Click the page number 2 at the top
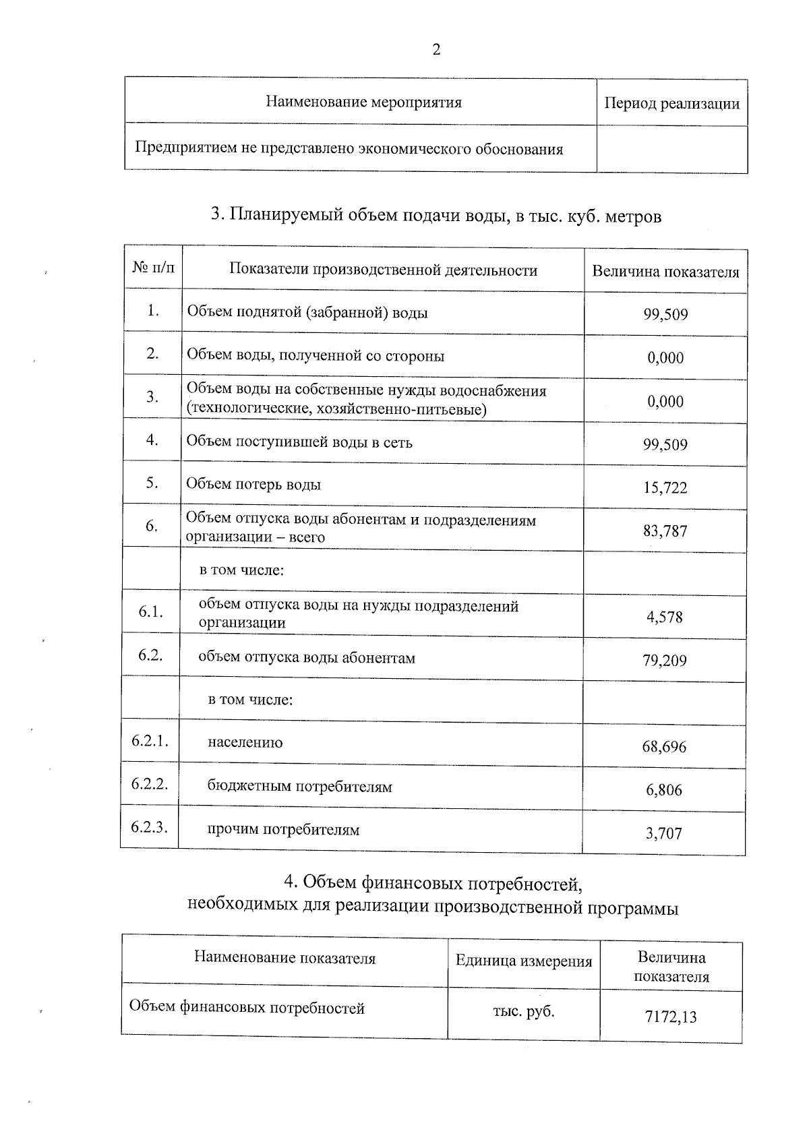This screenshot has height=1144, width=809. click(436, 51)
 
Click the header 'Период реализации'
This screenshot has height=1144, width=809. click(671, 104)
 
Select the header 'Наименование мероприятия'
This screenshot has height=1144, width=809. click(363, 102)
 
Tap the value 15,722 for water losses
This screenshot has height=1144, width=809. click(665, 488)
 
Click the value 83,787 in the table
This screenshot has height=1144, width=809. click(665, 531)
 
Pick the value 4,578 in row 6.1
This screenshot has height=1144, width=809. click(665, 617)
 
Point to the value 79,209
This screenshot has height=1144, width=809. click(665, 661)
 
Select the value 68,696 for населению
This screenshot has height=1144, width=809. click(664, 747)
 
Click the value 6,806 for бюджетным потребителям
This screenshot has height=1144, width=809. click(664, 790)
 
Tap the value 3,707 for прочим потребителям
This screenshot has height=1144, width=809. click(664, 834)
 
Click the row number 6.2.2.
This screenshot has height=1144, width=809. click(150, 785)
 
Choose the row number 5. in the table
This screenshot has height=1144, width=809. click(152, 483)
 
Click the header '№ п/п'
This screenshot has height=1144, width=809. click(153, 268)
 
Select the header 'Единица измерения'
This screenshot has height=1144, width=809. click(524, 961)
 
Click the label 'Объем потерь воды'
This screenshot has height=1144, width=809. click(253, 485)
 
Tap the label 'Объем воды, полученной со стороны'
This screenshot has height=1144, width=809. click(315, 356)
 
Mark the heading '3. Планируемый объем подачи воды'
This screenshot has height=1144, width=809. click(436, 216)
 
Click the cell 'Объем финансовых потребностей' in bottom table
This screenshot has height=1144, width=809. click(247, 1008)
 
